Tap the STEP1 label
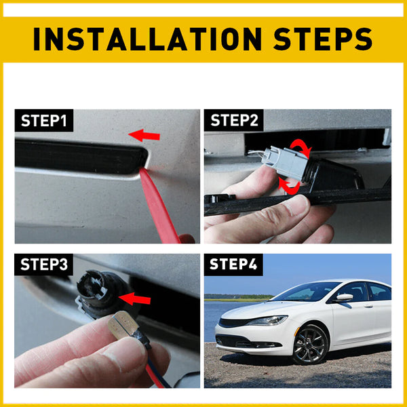(x=44, y=121)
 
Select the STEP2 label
(x=234, y=121)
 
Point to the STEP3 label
(x=44, y=265)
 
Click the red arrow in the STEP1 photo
(x=145, y=136)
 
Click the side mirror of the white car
(x=344, y=297)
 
